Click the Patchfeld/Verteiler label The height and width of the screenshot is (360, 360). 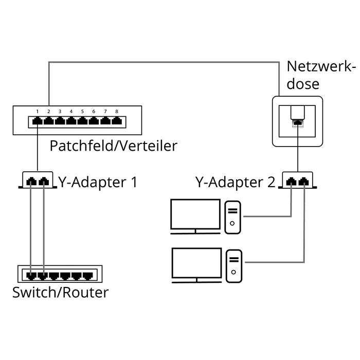click(113, 146)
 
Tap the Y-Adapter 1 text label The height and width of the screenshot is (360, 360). click(98, 182)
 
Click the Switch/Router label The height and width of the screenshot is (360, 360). click(61, 293)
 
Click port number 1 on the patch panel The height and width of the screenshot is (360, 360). click(38, 122)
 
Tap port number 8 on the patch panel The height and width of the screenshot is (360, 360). click(117, 122)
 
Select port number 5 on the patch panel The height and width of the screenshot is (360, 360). click(83, 122)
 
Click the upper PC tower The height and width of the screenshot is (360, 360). click(233, 217)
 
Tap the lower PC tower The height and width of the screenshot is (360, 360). click(233, 265)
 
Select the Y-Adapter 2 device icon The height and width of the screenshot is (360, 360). click(298, 181)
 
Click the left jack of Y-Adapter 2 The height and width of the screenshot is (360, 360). click(292, 181)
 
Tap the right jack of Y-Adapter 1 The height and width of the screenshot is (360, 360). click(44, 181)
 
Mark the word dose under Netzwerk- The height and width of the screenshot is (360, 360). click(303, 84)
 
